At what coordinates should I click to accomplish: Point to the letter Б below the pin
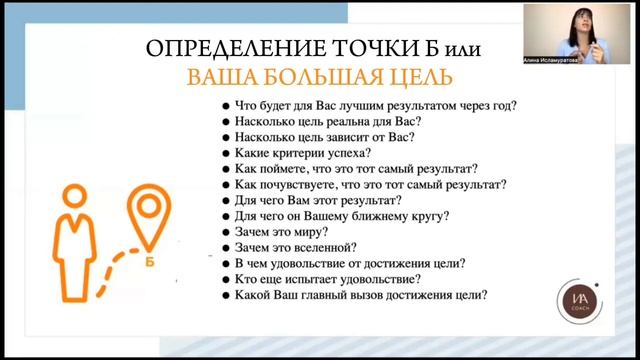[x=149, y=264]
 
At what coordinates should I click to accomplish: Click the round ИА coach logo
[x=577, y=300]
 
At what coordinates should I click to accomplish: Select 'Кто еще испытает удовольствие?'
[x=327, y=279]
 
